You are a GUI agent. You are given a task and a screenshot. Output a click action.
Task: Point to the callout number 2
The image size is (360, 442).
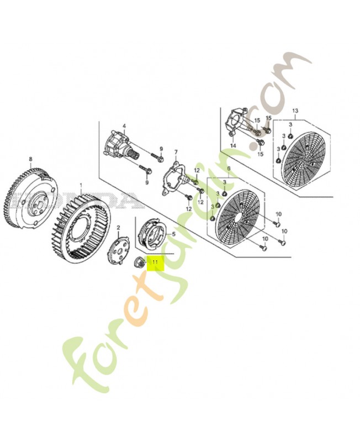118,228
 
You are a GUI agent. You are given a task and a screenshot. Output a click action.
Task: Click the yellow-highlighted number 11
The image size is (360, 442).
156,261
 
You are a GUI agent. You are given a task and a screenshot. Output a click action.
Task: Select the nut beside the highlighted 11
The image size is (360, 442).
139,261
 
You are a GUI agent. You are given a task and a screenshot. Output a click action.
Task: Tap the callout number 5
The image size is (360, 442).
174,234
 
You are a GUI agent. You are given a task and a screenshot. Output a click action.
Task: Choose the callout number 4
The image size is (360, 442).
125,127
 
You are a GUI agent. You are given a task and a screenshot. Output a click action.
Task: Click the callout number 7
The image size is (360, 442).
176,151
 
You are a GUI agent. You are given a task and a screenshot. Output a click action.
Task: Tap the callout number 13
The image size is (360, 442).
294,110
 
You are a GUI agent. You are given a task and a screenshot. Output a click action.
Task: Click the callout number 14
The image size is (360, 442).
233,145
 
